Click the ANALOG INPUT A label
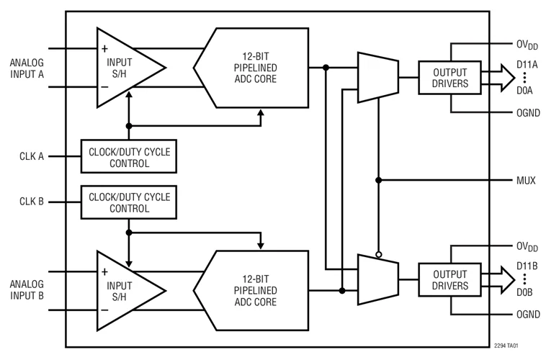(26, 68)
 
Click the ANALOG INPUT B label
(26, 289)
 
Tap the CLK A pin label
(31, 156)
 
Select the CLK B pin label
(31, 202)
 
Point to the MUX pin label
(526, 180)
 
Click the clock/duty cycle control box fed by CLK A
(129, 156)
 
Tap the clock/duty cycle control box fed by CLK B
(129, 202)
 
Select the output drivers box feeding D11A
(450, 78)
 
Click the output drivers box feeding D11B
(450, 280)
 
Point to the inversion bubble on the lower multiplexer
(378, 253)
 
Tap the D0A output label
(524, 91)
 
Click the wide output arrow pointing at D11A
(496, 78)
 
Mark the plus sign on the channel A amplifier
(105, 49)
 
